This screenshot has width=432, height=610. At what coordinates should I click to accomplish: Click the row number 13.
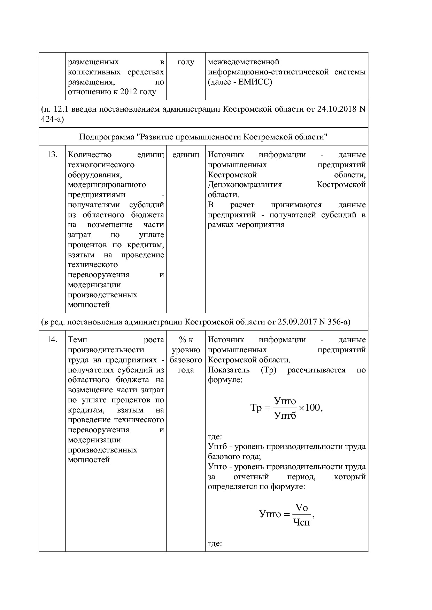click(x=52, y=155)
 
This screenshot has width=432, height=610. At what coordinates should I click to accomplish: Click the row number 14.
click(x=52, y=340)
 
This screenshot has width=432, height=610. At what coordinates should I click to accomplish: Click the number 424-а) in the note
click(x=52, y=119)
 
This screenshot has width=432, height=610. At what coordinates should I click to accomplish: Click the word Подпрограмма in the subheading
click(x=107, y=137)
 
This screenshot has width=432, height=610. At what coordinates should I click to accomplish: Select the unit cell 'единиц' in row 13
click(x=186, y=155)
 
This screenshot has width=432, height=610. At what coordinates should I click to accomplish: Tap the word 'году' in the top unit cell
click(x=186, y=62)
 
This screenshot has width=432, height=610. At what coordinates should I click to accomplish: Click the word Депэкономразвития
click(x=245, y=185)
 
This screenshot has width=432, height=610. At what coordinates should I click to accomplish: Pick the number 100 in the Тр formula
click(x=313, y=408)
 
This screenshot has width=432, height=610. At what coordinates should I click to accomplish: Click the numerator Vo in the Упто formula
click(x=301, y=507)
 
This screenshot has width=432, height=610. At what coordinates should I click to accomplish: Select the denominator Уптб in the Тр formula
click(x=285, y=415)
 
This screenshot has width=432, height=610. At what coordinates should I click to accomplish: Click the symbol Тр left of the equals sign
click(x=256, y=408)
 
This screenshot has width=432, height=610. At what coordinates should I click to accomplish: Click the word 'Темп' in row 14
click(x=78, y=340)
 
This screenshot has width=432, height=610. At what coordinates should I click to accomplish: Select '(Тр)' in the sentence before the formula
click(x=268, y=370)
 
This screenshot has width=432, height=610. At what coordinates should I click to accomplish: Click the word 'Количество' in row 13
click(x=90, y=155)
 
